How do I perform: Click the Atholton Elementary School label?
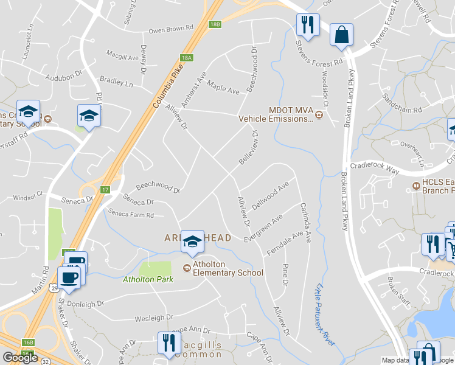227,269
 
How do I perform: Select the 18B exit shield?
215,24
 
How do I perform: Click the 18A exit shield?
186,58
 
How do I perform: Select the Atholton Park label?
148,279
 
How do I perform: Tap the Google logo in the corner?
20,357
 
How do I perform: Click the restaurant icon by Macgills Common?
168,344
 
